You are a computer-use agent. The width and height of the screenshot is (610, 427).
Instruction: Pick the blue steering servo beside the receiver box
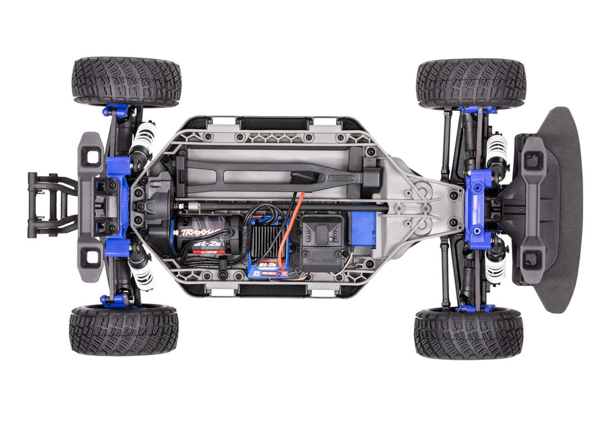[364, 229]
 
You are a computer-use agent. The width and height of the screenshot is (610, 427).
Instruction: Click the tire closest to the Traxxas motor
[124, 329]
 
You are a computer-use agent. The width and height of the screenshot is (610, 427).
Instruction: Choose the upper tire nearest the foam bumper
[470, 83]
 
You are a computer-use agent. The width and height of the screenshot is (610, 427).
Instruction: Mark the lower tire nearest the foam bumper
[468, 332]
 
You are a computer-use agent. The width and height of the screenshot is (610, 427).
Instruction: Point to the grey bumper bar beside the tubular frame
[91, 207]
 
